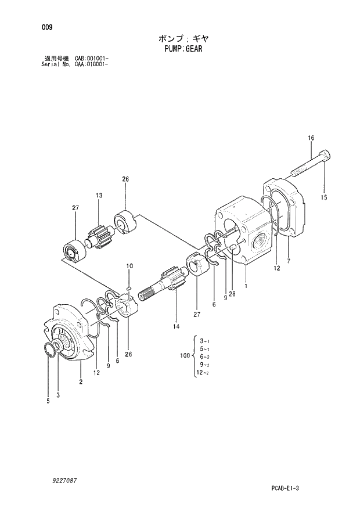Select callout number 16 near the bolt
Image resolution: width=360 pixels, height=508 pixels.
click(x=311, y=138)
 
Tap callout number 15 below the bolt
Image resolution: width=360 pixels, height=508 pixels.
click(x=323, y=197)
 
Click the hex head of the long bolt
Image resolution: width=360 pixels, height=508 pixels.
click(x=325, y=156)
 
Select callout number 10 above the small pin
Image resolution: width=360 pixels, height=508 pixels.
click(x=129, y=266)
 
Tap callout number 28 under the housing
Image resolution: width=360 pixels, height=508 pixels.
click(x=232, y=294)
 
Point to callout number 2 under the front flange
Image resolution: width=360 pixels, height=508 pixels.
click(x=81, y=381)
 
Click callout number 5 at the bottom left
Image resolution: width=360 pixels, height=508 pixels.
click(x=48, y=400)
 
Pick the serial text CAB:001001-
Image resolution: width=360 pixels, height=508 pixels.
click(x=92, y=59)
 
